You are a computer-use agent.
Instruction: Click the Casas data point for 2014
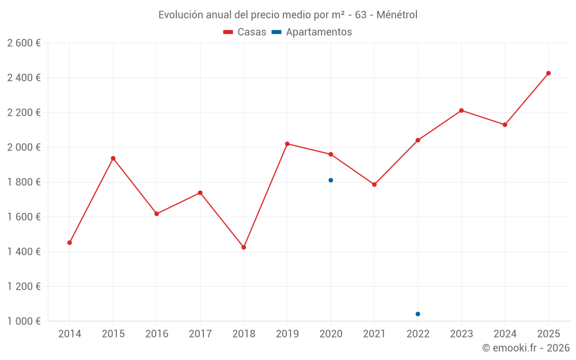pos(70,242)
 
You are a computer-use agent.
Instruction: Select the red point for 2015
pos(113,158)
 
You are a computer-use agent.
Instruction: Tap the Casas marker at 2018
pos(244,247)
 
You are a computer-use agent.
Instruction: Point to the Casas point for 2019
pos(287,144)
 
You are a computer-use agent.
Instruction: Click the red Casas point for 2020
pos(331,154)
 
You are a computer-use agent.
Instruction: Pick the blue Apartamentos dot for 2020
pos(331,180)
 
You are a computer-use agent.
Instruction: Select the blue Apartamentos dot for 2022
pos(418,314)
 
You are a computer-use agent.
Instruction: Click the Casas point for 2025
pos(548,73)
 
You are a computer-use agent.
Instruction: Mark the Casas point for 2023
pos(461,111)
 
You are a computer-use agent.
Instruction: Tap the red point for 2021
pos(374,184)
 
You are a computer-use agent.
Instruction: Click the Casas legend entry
pos(245,32)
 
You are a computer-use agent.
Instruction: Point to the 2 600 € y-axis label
pos(24,43)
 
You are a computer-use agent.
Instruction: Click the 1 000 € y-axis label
pos(24,321)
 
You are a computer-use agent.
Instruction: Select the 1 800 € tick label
pos(24,182)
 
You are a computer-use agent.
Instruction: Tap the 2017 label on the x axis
pos(200,334)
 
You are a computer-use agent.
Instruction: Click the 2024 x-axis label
pos(505,334)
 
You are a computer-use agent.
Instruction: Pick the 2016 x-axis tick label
pos(157,334)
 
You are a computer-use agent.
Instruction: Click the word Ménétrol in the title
pos(397,14)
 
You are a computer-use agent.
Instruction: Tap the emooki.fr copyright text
pos(526,348)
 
